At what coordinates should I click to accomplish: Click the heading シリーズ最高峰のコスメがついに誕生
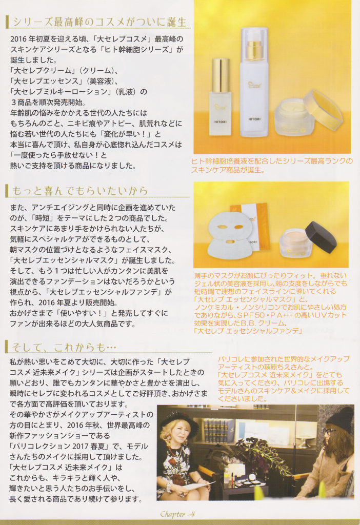pos(99,22)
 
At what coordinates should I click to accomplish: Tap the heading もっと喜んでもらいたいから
pos(79,191)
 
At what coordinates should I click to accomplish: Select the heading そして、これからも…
pos(64,347)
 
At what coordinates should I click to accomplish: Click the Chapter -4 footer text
pos(177,514)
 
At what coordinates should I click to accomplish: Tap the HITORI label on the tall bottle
pos(254,118)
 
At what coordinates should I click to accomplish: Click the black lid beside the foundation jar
pos(321,236)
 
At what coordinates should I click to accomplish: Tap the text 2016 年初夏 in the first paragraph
pos(29,39)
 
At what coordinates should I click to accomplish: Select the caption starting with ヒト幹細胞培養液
pos(272,166)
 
